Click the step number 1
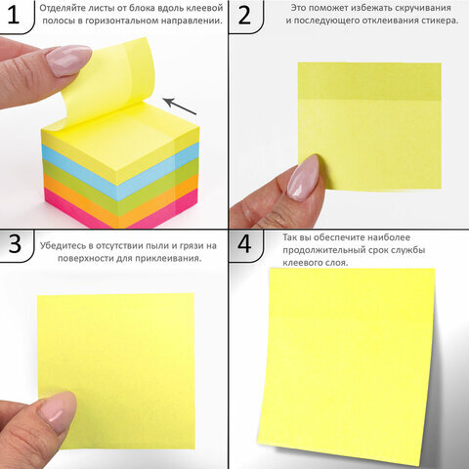(x=13, y=15)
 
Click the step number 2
(x=244, y=15)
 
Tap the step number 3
(x=15, y=244)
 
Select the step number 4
(x=244, y=243)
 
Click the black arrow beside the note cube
(x=180, y=106)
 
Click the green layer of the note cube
(x=120, y=189)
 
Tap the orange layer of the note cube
(x=121, y=202)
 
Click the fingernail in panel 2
(x=302, y=177)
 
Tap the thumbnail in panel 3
(x=55, y=413)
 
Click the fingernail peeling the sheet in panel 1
(x=67, y=61)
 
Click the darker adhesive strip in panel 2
(x=369, y=81)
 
